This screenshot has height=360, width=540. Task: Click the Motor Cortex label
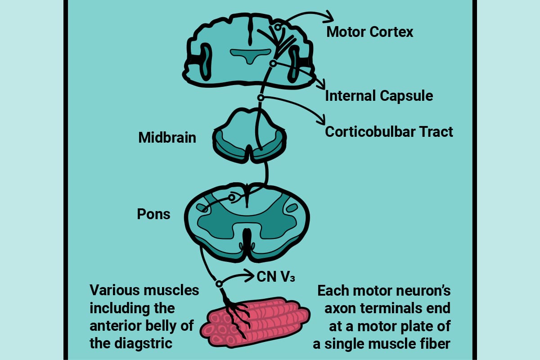tap(369, 32)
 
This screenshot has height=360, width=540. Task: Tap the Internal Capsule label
tap(379, 96)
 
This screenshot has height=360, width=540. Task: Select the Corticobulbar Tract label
tap(389, 132)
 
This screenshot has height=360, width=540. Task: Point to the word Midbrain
tap(167, 137)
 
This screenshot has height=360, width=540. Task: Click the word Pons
tap(153, 214)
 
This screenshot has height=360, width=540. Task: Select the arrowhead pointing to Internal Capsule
tap(321, 85)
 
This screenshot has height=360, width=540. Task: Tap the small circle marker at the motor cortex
tap(279, 27)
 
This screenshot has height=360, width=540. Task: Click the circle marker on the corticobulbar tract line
tap(260, 98)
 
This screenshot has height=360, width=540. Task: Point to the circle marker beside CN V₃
tap(219, 283)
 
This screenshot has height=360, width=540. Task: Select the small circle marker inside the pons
tap(232, 197)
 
